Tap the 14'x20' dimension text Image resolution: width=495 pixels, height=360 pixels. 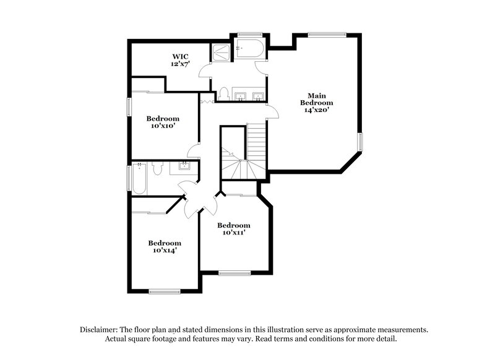[313, 110]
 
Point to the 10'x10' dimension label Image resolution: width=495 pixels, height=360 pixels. [163, 126]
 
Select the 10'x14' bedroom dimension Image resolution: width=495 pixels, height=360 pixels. [164, 251]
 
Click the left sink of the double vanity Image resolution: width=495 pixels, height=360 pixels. [242, 95]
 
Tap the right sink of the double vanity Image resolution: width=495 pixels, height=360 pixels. [258, 95]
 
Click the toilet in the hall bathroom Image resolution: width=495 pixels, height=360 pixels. [158, 168]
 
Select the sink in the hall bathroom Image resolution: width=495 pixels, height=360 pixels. [184, 166]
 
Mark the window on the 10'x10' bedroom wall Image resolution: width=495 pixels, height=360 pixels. [129, 106]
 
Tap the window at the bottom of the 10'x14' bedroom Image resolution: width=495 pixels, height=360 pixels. [164, 291]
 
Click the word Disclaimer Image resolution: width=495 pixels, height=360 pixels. [100, 330]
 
